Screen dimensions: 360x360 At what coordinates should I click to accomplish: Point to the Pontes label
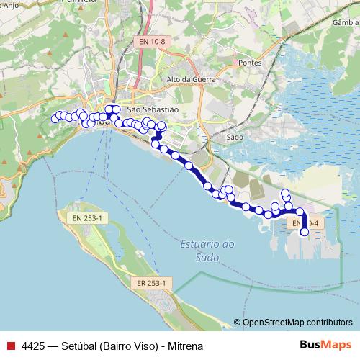point(250,63)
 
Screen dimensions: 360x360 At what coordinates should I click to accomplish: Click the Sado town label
point(235,136)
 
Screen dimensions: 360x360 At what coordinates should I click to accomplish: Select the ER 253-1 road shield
point(152,284)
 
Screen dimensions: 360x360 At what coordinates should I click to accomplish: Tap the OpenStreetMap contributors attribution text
point(297,323)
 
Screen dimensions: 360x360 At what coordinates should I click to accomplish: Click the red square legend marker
point(10,346)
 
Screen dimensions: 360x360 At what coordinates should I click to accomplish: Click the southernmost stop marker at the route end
point(305,232)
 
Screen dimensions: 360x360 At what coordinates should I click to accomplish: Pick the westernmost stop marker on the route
point(54,119)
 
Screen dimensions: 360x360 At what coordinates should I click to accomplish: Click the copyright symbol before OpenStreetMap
point(238,323)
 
